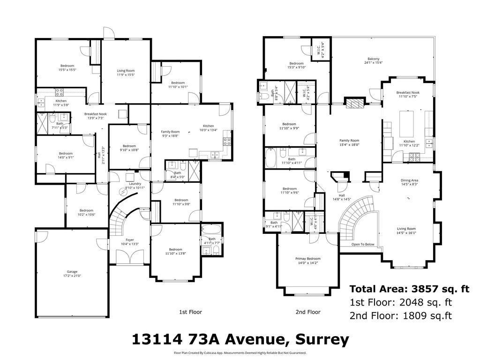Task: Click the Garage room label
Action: [72, 273]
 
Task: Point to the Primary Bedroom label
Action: [308, 261]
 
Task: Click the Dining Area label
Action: [409, 182]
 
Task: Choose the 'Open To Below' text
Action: [363, 244]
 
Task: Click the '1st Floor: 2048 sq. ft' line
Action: [401, 302]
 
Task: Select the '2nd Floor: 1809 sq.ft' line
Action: [401, 315]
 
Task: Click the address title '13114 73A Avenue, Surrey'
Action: [240, 339]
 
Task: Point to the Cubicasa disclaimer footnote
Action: [240, 352]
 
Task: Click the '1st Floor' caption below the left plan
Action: [190, 312]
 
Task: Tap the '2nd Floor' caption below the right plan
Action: [308, 312]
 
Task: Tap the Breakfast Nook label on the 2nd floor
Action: [408, 95]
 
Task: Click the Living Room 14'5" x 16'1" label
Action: [406, 231]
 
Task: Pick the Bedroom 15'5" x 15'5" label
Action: [67, 67]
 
